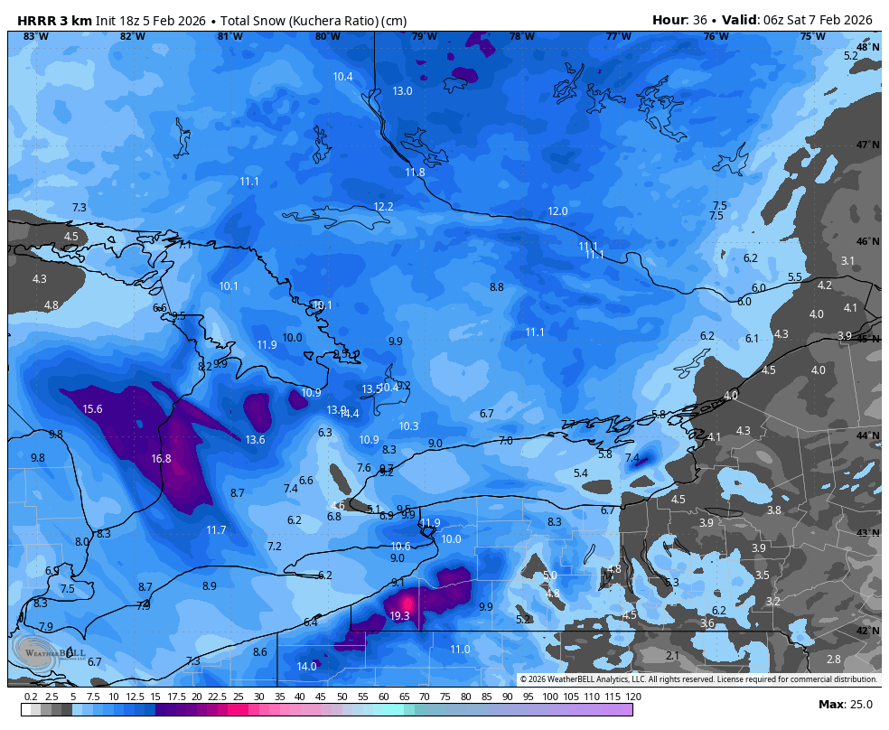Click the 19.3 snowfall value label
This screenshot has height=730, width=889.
(x=399, y=616)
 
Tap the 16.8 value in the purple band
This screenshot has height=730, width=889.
(x=161, y=459)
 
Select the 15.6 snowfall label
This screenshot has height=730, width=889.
(x=92, y=409)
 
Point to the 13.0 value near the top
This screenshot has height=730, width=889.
(x=402, y=91)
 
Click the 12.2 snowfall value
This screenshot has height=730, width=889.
(x=383, y=207)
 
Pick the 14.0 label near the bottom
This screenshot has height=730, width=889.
(x=306, y=667)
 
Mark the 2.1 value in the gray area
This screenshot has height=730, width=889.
(x=672, y=656)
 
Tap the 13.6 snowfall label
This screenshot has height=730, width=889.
(x=255, y=440)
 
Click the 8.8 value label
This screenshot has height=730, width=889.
(x=497, y=287)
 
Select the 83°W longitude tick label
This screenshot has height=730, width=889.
(x=35, y=37)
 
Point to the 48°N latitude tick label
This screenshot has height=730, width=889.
(x=867, y=47)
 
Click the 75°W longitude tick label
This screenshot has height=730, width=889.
(x=812, y=37)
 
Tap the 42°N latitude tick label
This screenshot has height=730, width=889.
(x=867, y=631)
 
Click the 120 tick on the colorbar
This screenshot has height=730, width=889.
(x=633, y=697)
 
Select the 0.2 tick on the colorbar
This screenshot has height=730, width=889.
(x=30, y=697)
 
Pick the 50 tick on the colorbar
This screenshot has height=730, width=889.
(x=342, y=697)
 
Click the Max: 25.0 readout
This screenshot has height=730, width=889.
(x=845, y=704)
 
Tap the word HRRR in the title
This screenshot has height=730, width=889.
(x=34, y=20)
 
